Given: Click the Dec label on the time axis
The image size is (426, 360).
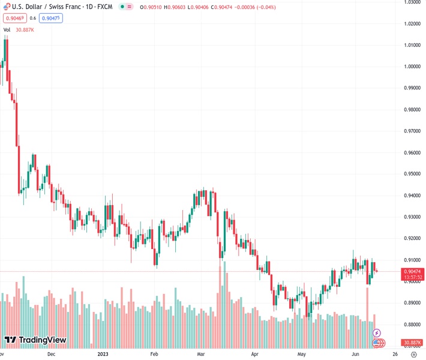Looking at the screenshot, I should [52, 354].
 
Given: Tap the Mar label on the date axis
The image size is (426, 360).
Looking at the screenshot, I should [202, 354].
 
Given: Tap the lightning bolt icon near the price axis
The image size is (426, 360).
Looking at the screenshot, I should [377, 332].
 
